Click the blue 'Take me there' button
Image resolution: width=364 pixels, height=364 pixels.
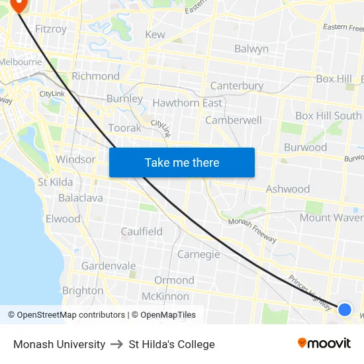click(182, 162)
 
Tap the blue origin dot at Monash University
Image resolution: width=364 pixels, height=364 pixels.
click(345, 309)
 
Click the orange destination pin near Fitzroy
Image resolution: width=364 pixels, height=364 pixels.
click(18, 5)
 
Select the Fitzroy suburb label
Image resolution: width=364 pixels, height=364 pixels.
click(50, 29)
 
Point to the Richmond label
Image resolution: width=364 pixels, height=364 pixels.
click(95, 76)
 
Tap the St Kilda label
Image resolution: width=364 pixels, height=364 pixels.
click(55, 182)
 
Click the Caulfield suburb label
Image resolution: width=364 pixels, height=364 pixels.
click(142, 232)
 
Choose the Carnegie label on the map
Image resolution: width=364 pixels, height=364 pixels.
click(199, 254)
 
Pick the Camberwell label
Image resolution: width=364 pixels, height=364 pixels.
click(234, 120)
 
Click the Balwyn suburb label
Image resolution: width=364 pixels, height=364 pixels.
click(251, 49)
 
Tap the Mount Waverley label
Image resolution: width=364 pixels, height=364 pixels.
click(332, 218)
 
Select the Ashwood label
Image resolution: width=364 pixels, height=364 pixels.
click(287, 189)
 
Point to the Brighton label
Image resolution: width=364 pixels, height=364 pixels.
click(83, 291)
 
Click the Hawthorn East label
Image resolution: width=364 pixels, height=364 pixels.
click(187, 103)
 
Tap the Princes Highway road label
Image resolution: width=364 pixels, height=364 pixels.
click(310, 293)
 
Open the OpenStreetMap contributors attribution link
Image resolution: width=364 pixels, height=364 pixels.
click(71, 315)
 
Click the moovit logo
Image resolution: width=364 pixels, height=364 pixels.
click(324, 343)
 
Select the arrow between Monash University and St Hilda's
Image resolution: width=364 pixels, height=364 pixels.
click(117, 344)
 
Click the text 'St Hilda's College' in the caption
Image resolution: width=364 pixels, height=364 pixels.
click(172, 344)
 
